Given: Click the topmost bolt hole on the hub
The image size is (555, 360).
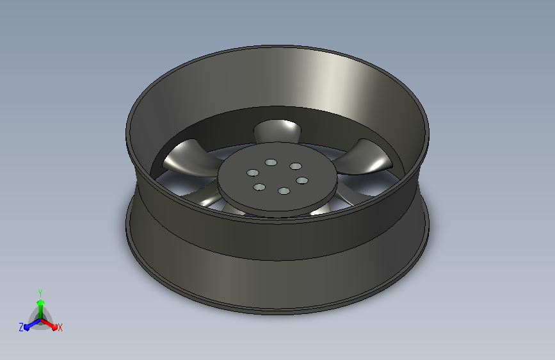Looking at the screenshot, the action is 271,163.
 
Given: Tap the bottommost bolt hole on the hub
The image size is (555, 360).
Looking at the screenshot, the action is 284,192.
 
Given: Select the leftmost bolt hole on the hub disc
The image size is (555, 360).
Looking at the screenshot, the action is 253,173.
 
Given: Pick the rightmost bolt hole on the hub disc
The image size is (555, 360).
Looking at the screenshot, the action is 302,181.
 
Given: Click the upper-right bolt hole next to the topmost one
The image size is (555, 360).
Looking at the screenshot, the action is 296,166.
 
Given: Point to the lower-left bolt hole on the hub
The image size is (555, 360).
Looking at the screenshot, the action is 259,187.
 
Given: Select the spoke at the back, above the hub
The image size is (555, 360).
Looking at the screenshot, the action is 278,131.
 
